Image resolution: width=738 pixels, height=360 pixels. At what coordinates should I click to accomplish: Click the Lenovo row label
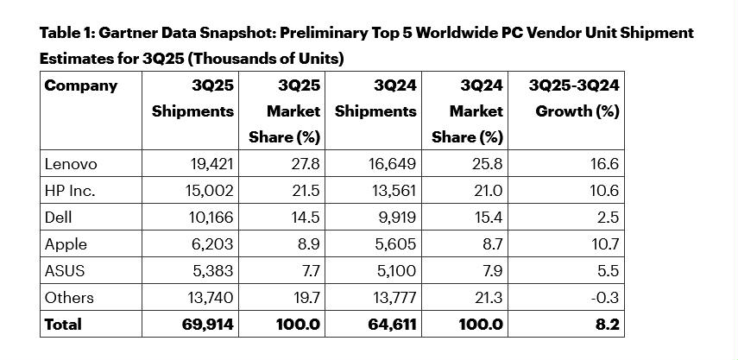coord(71,164)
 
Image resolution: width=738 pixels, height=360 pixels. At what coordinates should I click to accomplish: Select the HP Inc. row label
coord(71,191)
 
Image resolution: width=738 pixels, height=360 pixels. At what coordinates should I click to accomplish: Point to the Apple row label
coord(64,244)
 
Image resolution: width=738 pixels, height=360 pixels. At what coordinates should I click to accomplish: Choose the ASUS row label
coord(64,271)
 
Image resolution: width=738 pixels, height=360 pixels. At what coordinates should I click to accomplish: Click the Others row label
coord(69,298)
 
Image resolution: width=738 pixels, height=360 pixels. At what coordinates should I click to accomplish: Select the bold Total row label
coord(63,325)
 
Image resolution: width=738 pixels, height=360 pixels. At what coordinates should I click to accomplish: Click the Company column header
coord(81,85)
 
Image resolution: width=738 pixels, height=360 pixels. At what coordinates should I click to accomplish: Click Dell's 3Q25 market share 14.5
coord(306,218)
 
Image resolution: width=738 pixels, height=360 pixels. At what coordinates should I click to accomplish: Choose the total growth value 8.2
coord(606,325)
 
